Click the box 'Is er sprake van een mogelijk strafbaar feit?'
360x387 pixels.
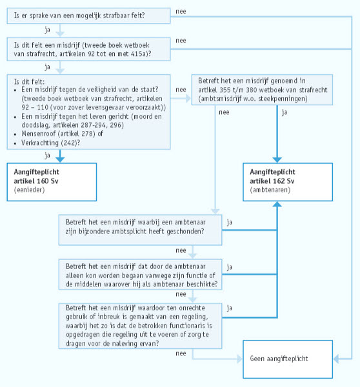88,15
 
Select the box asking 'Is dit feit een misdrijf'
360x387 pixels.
88,49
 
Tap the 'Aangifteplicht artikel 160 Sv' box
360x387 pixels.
52,182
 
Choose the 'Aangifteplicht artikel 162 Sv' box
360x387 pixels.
288,182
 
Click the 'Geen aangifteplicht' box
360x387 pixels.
288,359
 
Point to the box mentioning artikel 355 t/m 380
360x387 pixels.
262,90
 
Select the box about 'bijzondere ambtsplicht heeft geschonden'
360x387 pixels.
140,230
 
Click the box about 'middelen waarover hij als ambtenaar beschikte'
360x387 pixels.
140,274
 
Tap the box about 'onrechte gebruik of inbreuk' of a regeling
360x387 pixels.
140,326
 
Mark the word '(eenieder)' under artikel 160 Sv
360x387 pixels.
30,190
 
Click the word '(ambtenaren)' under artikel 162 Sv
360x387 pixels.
270,190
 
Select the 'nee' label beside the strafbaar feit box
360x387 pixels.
181,12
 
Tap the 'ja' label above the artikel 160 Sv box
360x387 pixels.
47,155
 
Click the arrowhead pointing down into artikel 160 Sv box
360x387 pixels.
60,159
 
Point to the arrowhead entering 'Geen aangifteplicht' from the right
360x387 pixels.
336,359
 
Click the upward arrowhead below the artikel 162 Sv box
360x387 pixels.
277,204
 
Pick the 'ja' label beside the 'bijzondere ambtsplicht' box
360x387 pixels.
230,223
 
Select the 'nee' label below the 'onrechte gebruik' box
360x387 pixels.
181,353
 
